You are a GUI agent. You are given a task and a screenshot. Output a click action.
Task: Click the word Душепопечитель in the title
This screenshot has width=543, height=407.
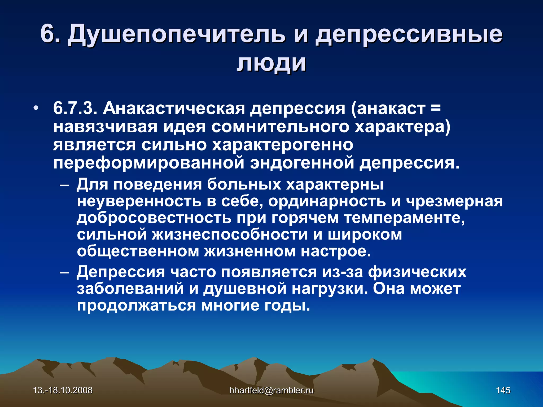[176, 34]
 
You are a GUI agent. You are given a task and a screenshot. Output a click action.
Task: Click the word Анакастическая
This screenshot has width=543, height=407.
[174, 109]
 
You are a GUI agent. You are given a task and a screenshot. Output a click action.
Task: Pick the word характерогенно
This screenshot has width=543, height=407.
[282, 145]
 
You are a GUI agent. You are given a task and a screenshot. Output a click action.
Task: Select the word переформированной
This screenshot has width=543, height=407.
[148, 163]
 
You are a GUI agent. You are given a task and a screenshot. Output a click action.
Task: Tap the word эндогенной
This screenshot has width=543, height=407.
[302, 163]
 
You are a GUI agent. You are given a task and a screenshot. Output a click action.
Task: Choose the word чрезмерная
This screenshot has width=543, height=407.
[454, 201]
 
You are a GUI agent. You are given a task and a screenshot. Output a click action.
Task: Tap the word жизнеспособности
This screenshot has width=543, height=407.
[229, 235]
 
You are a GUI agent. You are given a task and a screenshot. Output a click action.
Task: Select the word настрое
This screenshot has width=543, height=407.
[335, 251]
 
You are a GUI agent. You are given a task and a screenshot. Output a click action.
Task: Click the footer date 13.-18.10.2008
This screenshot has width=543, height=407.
[63, 390]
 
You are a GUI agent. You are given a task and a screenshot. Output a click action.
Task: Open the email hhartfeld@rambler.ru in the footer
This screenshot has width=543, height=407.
[271, 390]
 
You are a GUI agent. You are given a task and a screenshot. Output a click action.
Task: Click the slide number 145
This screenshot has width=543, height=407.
[503, 390]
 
